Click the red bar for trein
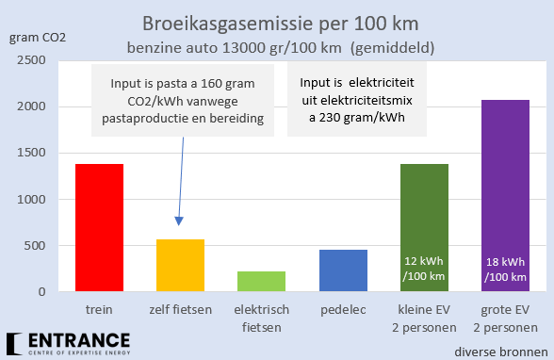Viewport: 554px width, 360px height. point(99,228)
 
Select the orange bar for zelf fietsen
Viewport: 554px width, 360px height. point(180,266)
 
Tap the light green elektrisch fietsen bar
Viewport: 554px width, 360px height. point(262,282)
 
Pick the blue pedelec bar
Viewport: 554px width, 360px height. point(343,270)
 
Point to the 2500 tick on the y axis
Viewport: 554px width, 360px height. point(32,60)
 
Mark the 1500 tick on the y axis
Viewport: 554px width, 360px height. point(32,154)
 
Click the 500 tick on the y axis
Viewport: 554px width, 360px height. point(36,246)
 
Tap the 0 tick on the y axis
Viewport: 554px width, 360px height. point(42,292)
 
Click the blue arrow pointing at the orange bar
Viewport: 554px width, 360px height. point(178,179)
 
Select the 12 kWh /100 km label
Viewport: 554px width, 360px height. point(424,269)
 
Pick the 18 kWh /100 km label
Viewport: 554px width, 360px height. point(505,269)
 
